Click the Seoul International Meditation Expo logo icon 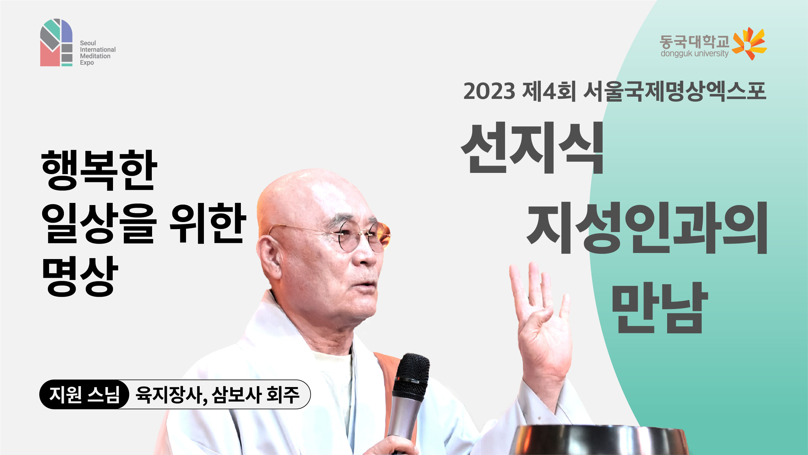(x=56, y=42)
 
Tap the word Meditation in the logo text (x=95, y=56)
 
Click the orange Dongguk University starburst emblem (x=749, y=43)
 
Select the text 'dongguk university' (x=694, y=53)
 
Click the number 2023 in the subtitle (x=489, y=91)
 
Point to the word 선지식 (x=532, y=148)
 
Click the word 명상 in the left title (x=80, y=276)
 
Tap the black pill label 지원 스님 (x=84, y=394)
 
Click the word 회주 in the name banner (x=283, y=395)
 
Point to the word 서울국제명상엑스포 (x=674, y=91)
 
